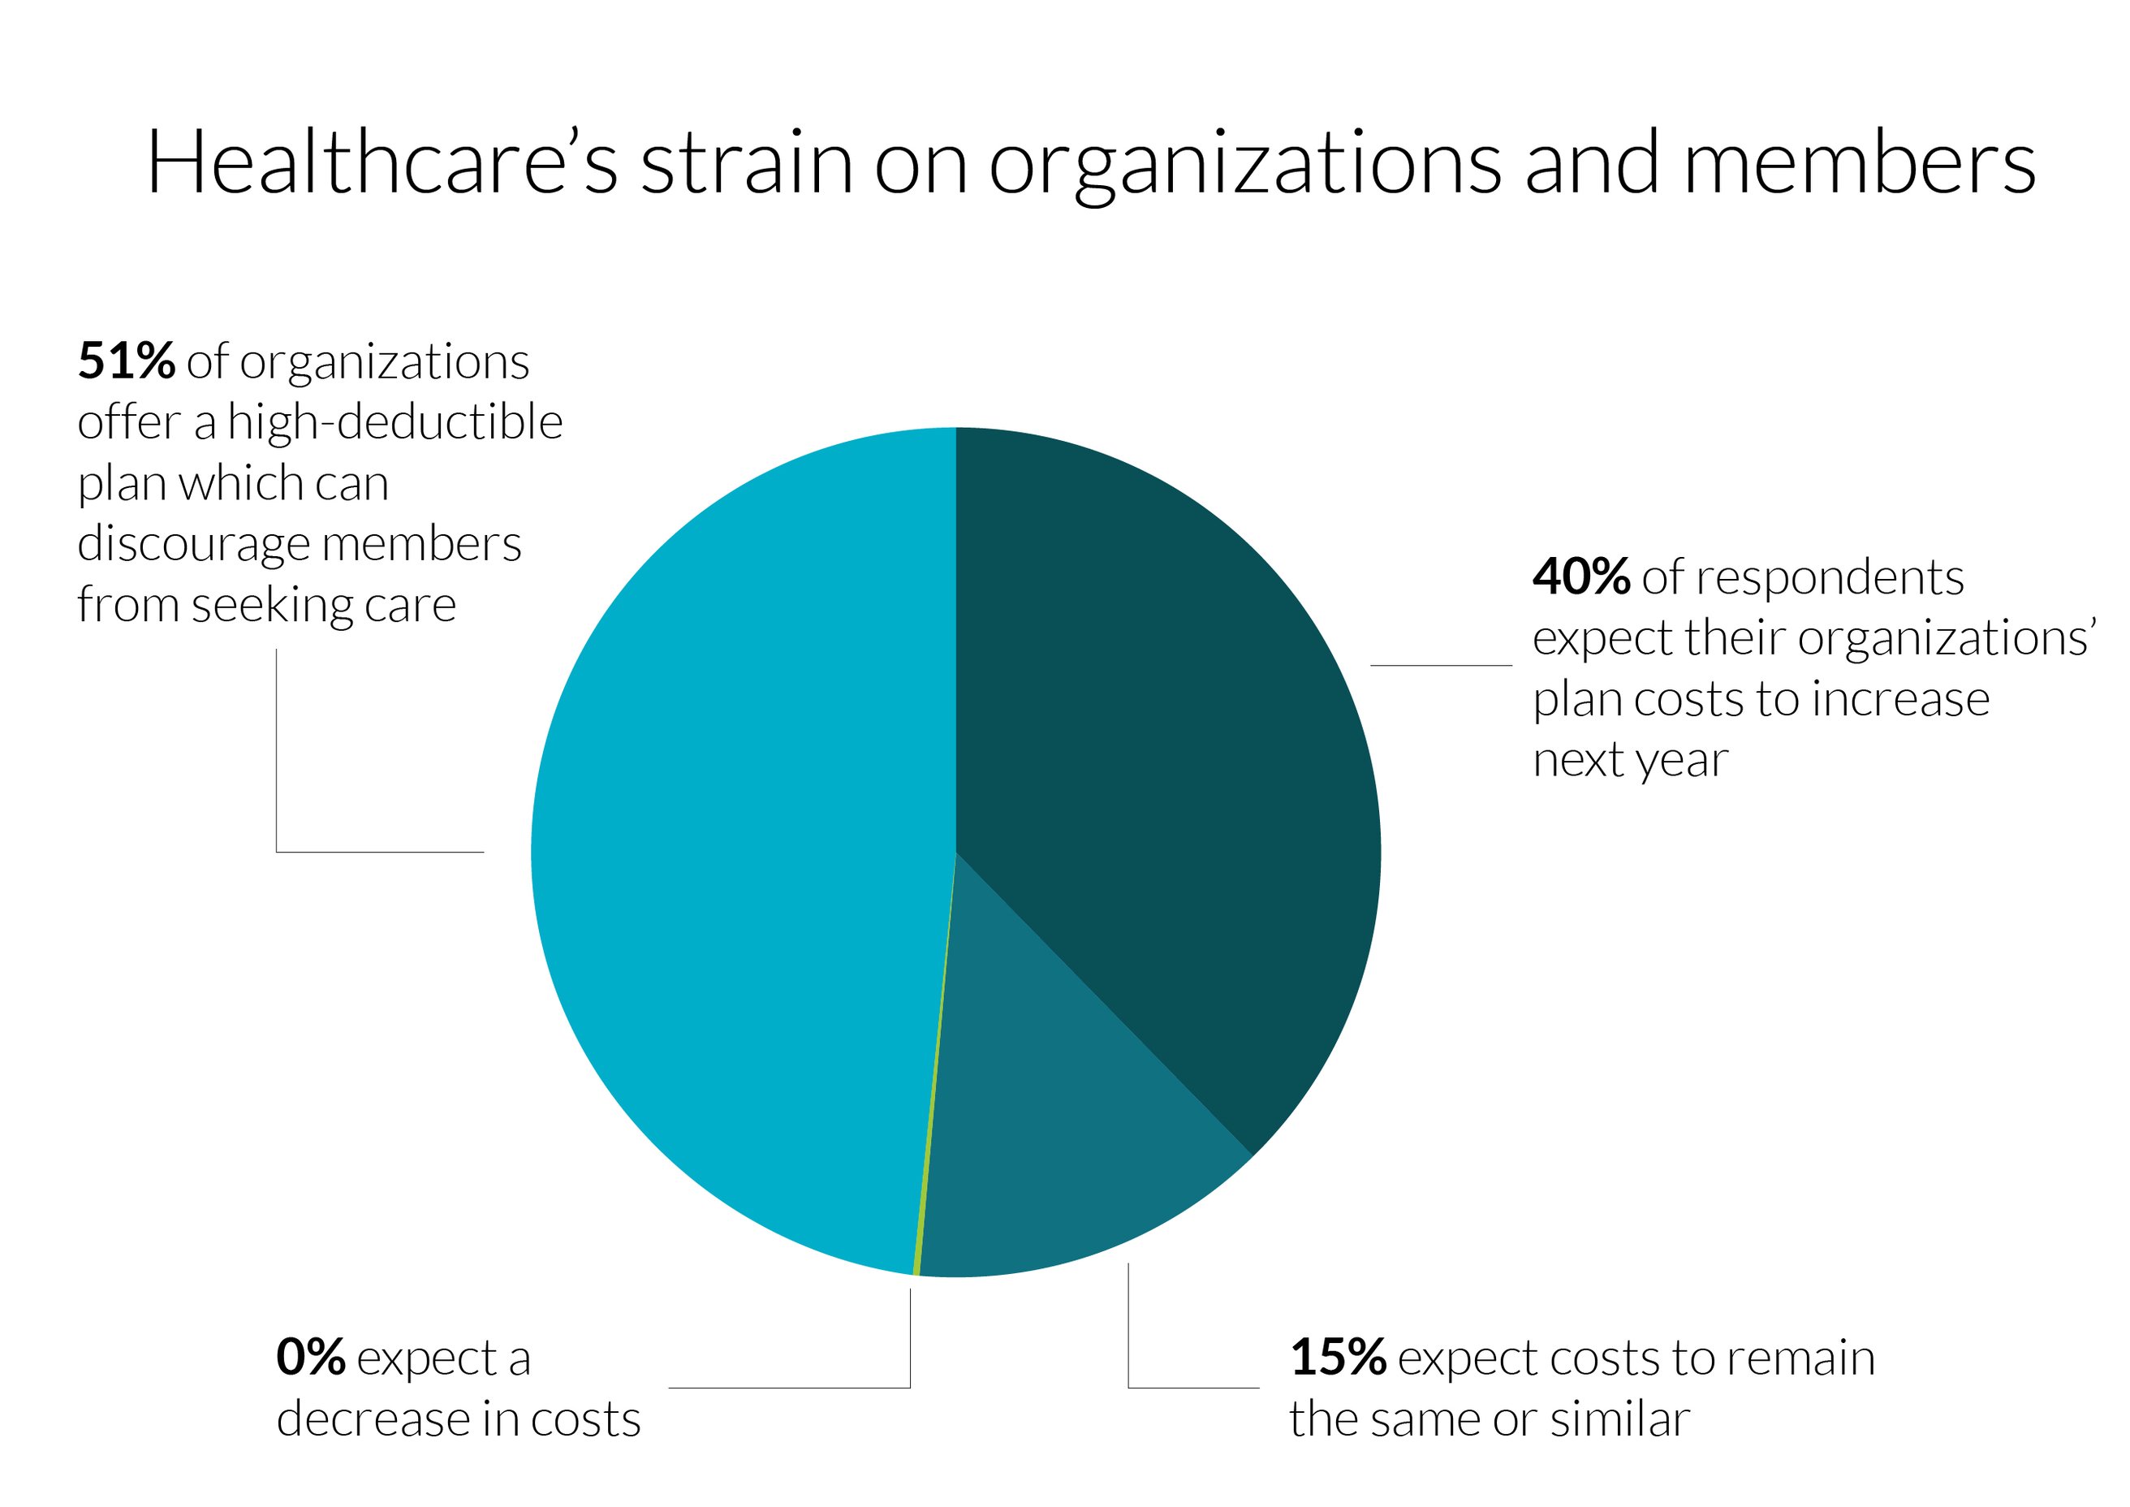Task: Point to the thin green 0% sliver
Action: tap(928, 1160)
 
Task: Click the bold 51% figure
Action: tap(126, 361)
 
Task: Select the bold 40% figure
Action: tap(1580, 577)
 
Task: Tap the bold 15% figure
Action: tap(1338, 1358)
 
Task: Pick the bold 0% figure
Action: tap(310, 1358)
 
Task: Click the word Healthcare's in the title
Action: tap(382, 163)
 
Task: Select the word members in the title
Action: tap(1859, 163)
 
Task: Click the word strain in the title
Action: tap(746, 163)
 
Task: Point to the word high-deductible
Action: tap(395, 423)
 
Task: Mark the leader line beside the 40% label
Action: tap(1441, 665)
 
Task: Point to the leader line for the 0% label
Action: tap(788, 1388)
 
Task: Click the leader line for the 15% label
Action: tap(1193, 1388)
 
